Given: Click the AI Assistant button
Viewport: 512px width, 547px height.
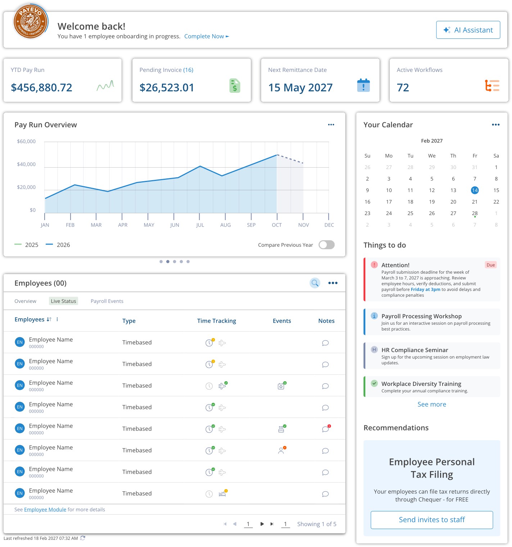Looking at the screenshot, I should tap(468, 30).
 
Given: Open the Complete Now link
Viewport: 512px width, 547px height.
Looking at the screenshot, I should tap(206, 36).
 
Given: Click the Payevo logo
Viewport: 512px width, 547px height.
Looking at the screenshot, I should tap(30, 22).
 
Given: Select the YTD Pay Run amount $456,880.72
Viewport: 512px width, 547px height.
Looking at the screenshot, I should tap(41, 87).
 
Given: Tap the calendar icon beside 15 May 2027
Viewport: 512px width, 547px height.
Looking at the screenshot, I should tap(363, 86).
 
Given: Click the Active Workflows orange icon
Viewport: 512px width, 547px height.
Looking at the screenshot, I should tap(492, 86).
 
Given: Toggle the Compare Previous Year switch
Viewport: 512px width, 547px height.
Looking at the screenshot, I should tap(326, 245).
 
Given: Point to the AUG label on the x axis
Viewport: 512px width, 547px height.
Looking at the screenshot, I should tap(225, 225).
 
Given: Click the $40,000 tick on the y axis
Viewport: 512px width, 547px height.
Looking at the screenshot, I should tap(26, 164).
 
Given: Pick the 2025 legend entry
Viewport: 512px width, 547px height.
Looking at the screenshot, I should tap(27, 245).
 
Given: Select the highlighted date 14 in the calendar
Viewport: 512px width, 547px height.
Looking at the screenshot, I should tap(475, 190).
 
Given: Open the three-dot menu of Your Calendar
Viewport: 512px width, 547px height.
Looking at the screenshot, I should tap(495, 125).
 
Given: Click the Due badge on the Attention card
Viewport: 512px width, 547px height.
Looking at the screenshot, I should tap(490, 265).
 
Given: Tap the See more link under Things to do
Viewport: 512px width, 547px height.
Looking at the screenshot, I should tap(431, 404).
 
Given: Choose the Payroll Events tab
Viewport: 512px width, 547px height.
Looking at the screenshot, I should tap(107, 301).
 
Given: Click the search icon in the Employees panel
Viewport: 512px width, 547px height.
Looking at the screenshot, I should tap(315, 283).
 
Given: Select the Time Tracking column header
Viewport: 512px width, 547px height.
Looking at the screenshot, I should tap(216, 321).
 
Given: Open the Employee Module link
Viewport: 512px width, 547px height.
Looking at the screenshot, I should tap(45, 510).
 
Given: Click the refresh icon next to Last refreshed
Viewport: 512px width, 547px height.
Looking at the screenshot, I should tap(83, 538).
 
